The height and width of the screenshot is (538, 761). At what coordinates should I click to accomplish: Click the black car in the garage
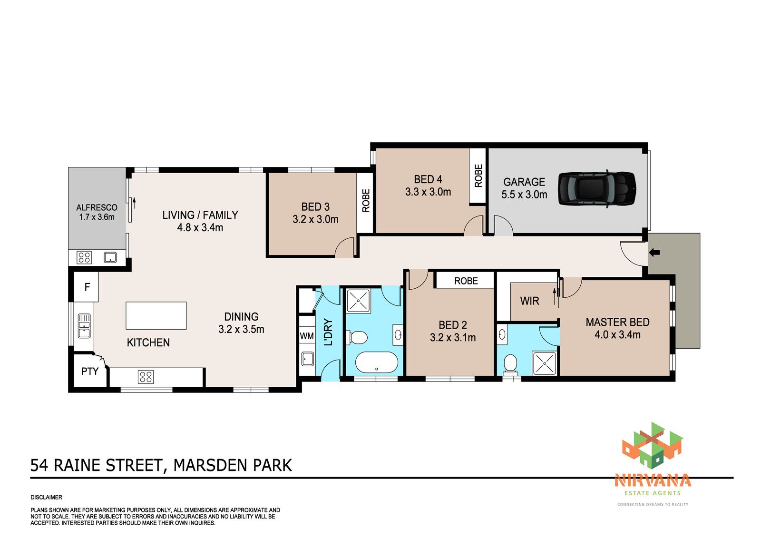(597, 188)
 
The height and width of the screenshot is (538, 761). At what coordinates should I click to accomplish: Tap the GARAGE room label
(524, 182)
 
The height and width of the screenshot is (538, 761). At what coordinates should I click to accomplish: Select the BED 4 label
(428, 179)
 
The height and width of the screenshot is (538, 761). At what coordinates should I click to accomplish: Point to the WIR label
(530, 301)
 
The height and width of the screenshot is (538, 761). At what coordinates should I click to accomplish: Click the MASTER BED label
(618, 322)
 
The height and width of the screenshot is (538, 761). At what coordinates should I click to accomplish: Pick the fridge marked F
(87, 287)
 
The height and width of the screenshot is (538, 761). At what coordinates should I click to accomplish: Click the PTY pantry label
(90, 372)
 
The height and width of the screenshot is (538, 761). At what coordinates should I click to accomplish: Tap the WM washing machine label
(307, 336)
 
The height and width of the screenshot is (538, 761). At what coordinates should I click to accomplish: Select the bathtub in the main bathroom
(376, 362)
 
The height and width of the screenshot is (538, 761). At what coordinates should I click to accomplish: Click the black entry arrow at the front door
(654, 253)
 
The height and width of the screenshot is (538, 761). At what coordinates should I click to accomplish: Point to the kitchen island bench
(156, 316)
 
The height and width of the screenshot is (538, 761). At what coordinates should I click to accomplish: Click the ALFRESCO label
(97, 208)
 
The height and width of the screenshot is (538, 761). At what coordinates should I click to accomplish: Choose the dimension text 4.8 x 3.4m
(200, 228)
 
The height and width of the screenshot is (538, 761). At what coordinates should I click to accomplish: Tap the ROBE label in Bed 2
(466, 281)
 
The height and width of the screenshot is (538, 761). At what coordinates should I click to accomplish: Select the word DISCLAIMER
(46, 498)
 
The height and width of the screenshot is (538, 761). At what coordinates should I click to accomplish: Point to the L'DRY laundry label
(328, 332)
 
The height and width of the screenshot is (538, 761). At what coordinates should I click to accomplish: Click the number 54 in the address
(39, 465)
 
